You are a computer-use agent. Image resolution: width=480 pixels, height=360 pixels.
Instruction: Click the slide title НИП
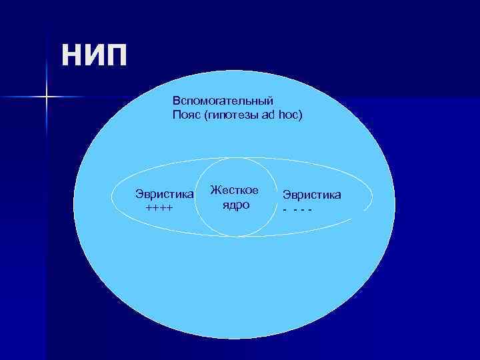[x=93, y=55]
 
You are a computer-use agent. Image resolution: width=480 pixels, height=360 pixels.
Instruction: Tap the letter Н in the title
[x=72, y=55]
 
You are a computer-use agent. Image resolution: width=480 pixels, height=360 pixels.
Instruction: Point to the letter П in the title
[x=114, y=55]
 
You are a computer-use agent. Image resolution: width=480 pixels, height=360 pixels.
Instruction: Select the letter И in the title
[x=93, y=55]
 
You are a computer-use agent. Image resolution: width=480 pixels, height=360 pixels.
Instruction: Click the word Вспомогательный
[x=223, y=101]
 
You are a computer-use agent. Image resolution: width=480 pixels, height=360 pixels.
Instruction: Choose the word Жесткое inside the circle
[x=234, y=191]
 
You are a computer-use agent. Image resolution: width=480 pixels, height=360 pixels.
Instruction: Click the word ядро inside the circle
[x=235, y=205]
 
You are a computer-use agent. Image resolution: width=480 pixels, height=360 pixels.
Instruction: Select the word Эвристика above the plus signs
[x=165, y=194]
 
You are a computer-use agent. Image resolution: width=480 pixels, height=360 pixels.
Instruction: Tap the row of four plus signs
[x=159, y=208]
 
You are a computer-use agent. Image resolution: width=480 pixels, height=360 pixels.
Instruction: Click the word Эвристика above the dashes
[x=312, y=195]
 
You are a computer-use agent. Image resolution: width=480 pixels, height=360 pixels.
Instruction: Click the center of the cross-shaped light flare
[x=47, y=97]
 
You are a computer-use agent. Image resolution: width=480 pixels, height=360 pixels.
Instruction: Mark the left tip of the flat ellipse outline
[x=110, y=198]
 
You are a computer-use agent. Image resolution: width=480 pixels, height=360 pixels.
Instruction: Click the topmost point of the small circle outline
[x=235, y=160]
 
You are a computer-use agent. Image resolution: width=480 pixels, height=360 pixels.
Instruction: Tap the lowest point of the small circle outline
[x=235, y=236]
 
